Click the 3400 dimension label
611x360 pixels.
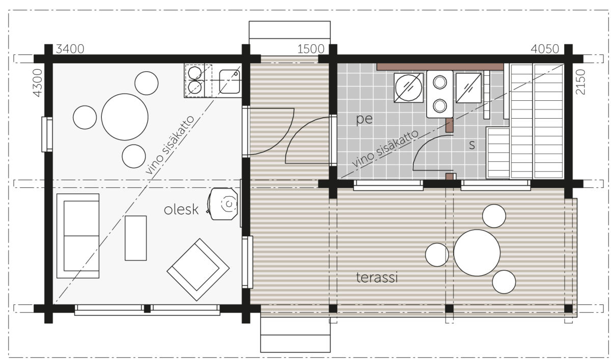click(70, 49)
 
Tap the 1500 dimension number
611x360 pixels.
click(311, 49)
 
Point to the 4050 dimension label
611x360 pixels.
click(545, 49)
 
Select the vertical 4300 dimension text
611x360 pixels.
click(38, 82)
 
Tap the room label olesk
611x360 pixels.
click(181, 210)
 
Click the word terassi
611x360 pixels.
click(377, 278)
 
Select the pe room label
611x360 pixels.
click(365, 120)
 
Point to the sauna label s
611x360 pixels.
click(472, 145)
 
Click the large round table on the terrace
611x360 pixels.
click(477, 253)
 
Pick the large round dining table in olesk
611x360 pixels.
click(125, 117)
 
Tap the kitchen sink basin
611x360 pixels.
click(230, 81)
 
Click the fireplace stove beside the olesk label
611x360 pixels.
click(223, 204)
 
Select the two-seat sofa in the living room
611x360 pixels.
click(78, 236)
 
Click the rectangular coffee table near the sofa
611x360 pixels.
click(135, 238)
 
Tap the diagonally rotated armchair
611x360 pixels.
click(198, 270)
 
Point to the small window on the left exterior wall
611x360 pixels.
click(47, 134)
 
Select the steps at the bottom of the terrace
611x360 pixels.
click(295, 335)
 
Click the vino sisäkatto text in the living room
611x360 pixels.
click(170, 145)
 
